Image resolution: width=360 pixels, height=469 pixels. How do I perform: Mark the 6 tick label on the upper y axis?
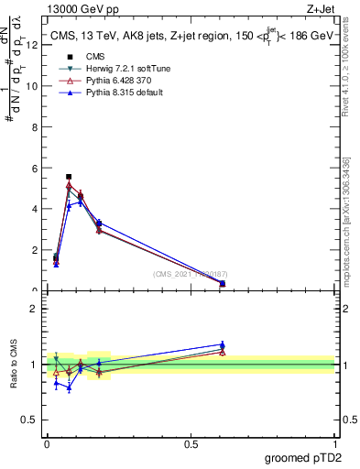(34, 169)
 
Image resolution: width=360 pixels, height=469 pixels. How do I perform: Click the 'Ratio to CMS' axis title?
(13, 364)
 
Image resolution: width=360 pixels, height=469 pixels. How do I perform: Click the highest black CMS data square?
(69, 177)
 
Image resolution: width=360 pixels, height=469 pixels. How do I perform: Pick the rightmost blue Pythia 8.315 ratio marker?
(223, 345)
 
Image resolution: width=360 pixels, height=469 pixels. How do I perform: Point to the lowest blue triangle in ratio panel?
(69, 387)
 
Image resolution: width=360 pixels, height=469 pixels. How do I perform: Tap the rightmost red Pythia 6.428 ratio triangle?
(223, 352)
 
